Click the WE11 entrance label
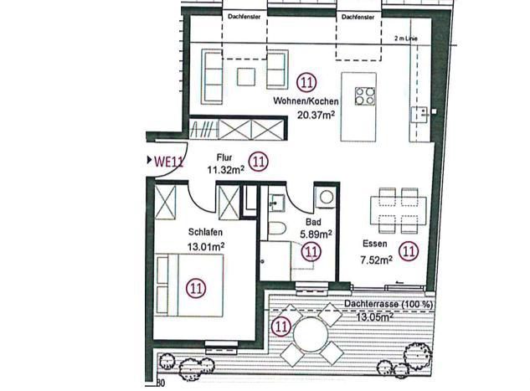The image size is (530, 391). pyautogui.click(x=168, y=162)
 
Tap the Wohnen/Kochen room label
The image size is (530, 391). pyautogui.click(x=306, y=101)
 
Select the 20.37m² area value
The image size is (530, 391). pyautogui.click(x=316, y=115)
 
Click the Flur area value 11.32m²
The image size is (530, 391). pyautogui.click(x=225, y=169)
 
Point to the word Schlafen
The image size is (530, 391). pyautogui.click(x=205, y=232)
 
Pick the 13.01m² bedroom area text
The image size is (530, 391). pyautogui.click(x=206, y=247)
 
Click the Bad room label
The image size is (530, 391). pyautogui.click(x=313, y=222)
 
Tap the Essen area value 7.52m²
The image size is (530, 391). pyautogui.click(x=377, y=260)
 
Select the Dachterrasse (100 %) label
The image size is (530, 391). pyautogui.click(x=388, y=304)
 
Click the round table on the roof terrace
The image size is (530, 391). pyautogui.click(x=311, y=335)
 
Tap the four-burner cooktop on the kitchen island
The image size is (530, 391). pyautogui.click(x=365, y=96)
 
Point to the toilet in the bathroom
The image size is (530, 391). pyautogui.click(x=277, y=229)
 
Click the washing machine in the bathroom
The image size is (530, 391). pyautogui.click(x=326, y=197)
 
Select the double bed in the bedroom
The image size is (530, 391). pyautogui.click(x=189, y=285)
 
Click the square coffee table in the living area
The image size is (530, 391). pyautogui.click(x=246, y=77)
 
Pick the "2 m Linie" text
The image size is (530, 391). pyautogui.click(x=405, y=39)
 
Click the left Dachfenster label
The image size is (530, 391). pyautogui.click(x=244, y=16)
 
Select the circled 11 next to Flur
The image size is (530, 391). pyautogui.click(x=259, y=162)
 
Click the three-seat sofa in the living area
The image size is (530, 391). pyautogui.click(x=212, y=77)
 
